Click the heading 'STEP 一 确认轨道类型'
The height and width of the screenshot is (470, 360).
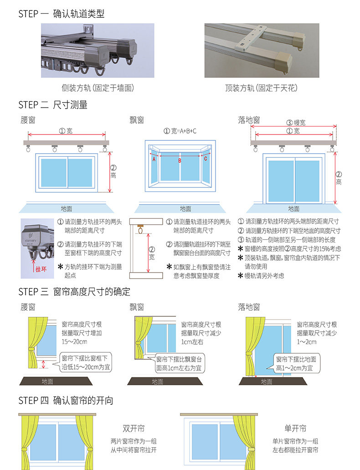pos(62,14)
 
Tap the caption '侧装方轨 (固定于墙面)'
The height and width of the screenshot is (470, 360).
pos(98,88)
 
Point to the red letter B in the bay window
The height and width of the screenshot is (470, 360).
pos(180,160)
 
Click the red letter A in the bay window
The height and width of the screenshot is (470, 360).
pos(154,160)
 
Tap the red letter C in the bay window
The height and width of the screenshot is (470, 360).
pos(206,159)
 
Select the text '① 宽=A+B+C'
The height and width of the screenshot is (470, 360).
pos(180,131)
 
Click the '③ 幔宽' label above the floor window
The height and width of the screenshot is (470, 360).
pos(296,123)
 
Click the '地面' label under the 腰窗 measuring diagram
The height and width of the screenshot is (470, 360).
pos(67,209)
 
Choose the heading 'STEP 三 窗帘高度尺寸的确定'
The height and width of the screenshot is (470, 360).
pos(74,292)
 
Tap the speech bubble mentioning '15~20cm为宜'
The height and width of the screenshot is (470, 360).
pos(86,363)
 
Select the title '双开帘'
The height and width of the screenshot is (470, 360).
pos(134,429)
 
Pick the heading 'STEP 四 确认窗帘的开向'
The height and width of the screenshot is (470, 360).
pos(66,401)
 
